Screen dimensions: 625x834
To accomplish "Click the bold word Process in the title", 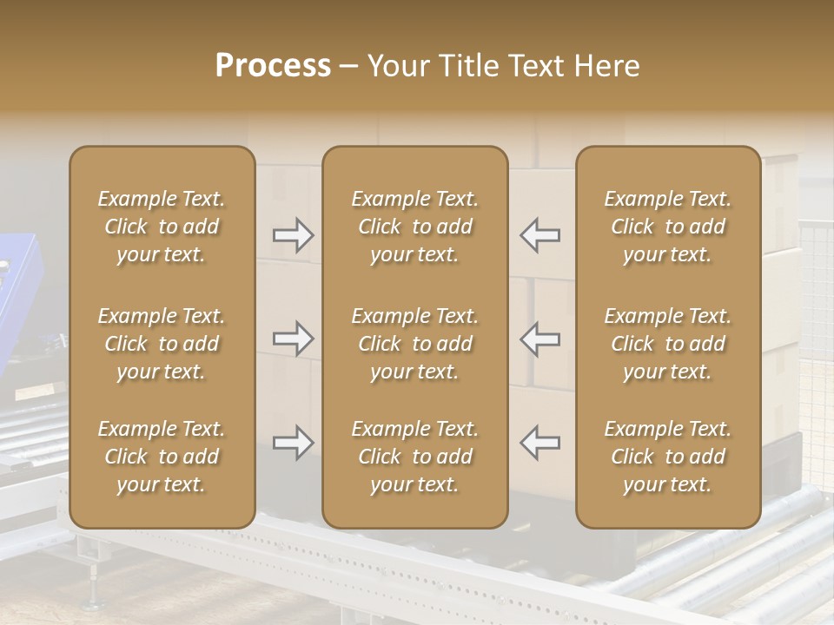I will coord(273,66).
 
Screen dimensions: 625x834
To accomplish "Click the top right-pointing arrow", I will coord(294,235).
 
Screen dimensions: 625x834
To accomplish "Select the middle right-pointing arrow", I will coord(294,339).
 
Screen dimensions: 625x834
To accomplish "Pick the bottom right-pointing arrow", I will coord(294,444).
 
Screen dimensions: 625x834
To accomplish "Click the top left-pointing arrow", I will coord(540,235).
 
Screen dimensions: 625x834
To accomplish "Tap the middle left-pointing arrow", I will coord(540,339).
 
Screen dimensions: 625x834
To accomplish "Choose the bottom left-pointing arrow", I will coord(540,444).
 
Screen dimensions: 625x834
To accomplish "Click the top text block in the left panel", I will coord(162,227).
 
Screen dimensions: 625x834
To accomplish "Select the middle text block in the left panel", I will coord(162,344).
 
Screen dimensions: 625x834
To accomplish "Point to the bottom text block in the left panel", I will coord(162,457).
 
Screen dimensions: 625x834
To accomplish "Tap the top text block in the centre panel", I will coord(415,227).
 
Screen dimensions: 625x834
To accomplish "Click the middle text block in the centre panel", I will coord(415,344).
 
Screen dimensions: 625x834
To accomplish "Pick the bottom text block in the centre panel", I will coord(415,457).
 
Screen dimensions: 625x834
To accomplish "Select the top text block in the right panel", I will coord(668,227).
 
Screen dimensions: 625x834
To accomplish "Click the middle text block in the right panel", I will coord(668,344).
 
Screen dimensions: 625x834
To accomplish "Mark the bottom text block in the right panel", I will coord(668,457).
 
